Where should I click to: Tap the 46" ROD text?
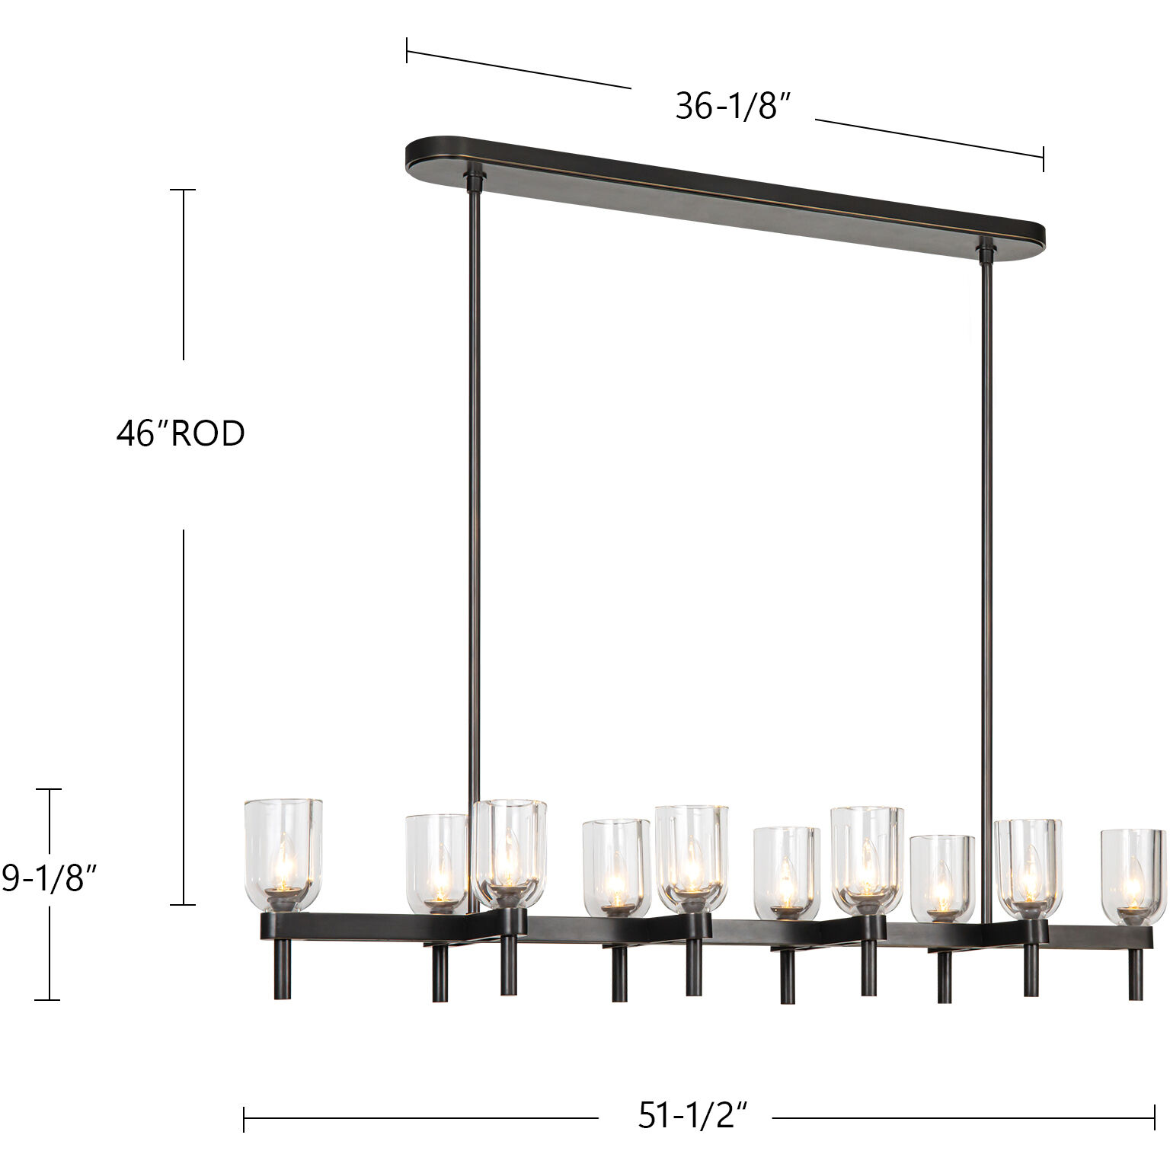tap(181, 433)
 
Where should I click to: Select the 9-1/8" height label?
tap(49, 879)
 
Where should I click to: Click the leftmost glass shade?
tap(283, 853)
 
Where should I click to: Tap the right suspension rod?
tap(987, 571)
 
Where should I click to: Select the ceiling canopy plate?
tap(724, 190)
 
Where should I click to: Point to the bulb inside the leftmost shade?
tap(283, 865)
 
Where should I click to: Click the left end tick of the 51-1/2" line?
tap(244, 1118)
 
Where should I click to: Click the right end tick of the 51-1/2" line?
tap(1155, 1118)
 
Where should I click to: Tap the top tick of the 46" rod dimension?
tap(183, 190)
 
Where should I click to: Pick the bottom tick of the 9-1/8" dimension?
tap(49, 999)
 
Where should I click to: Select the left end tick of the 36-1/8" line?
tap(407, 50)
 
